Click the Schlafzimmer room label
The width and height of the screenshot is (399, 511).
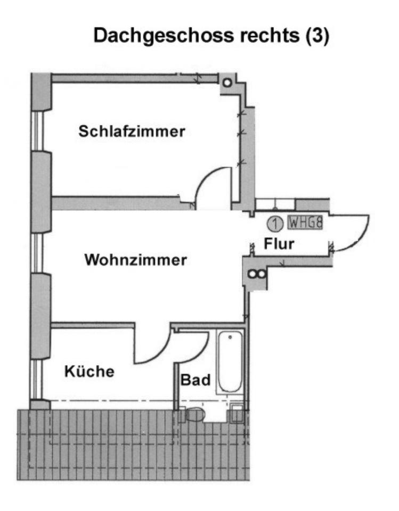[x=132, y=131]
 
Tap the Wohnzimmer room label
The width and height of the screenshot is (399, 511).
[x=136, y=261]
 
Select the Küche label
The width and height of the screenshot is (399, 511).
[x=89, y=371]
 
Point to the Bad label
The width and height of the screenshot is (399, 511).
[x=196, y=380]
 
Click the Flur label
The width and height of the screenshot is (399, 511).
[x=280, y=244]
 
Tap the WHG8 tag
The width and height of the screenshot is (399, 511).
[x=305, y=222]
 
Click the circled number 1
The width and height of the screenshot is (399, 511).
[x=274, y=222]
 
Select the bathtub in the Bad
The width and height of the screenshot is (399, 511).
[x=230, y=362]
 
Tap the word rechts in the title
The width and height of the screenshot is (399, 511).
[x=263, y=36]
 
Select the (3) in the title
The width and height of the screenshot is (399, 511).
[x=317, y=36]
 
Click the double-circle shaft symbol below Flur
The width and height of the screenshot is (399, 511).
[x=256, y=275]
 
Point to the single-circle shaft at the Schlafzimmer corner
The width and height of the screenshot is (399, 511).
[x=227, y=83]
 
